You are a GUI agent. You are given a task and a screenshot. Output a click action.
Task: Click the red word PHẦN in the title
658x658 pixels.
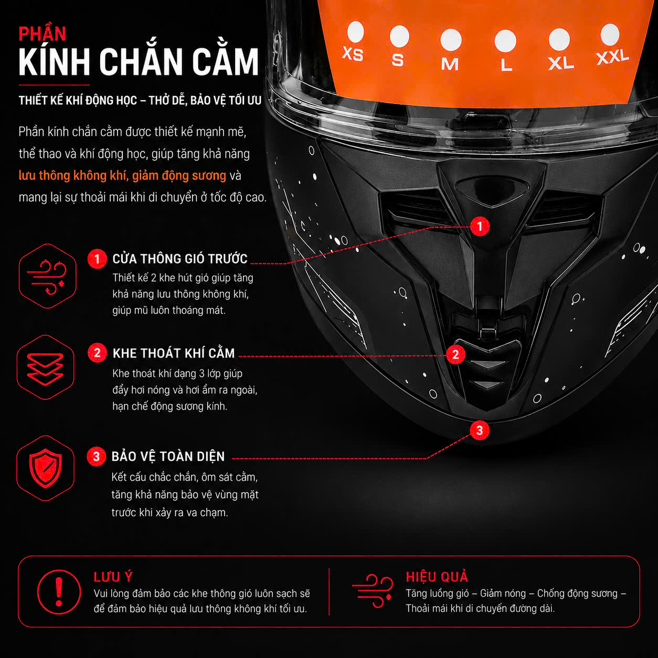[43, 34]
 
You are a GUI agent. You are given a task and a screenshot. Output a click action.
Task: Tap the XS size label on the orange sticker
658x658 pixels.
[353, 54]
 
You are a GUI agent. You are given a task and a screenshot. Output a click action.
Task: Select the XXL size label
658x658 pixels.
[612, 57]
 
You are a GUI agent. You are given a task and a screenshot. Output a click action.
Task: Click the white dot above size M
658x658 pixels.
[451, 39]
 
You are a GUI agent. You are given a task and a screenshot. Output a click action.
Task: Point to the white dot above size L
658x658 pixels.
[505, 40]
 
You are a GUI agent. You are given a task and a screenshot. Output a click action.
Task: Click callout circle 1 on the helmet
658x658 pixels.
[480, 226]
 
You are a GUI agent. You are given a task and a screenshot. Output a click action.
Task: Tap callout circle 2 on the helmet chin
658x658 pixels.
[455, 354]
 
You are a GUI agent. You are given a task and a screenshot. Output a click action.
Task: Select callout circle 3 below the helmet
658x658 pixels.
[480, 430]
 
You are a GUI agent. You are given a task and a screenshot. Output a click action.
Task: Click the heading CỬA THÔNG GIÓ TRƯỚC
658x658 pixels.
[180, 259]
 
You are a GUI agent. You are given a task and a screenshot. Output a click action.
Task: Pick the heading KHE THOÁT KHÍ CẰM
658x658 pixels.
[174, 353]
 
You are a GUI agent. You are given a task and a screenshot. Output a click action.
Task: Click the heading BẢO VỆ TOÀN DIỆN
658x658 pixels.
[168, 456]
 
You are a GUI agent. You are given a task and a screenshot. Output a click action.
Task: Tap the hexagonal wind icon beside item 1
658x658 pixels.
[47, 276]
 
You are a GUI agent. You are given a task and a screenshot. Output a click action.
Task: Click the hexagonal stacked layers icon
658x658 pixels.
[46, 367]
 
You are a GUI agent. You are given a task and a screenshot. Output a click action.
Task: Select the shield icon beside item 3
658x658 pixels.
[46, 468]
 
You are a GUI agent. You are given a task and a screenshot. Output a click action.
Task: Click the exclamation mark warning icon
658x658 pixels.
[59, 592]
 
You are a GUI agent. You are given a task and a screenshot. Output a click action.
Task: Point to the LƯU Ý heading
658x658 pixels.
[113, 577]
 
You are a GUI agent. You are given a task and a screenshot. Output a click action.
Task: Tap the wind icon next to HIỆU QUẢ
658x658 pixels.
[373, 591]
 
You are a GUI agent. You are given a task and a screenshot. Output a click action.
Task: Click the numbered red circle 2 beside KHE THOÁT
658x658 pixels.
[97, 353]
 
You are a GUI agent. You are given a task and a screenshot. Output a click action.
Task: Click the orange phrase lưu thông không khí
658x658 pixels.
[73, 175]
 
